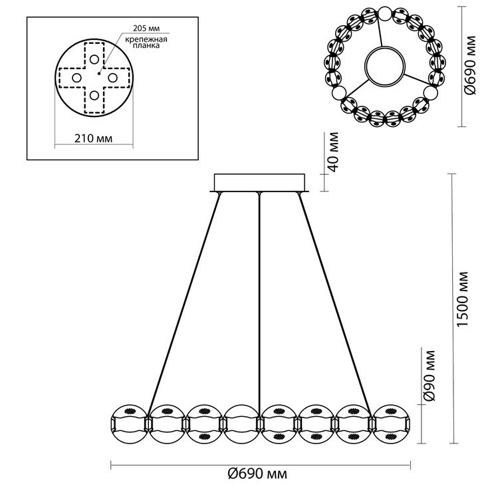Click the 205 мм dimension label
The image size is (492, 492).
pos(146,29)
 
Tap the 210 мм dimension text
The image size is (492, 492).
pos(93,138)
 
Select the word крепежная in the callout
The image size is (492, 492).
pos(146,39)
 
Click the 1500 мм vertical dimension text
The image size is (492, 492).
pos(463,299)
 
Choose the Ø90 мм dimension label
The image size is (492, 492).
pos(430,376)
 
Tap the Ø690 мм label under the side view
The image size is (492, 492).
pos(257,474)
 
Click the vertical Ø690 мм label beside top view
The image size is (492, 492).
pos(471,65)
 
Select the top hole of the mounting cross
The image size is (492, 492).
pos(94,59)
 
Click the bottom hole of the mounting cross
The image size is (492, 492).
pos(94,95)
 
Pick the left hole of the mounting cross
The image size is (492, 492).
pos(76,78)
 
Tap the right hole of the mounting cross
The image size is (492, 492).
pos(112,78)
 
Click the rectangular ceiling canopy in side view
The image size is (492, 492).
pos(259,182)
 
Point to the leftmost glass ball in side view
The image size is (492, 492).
pos(129,424)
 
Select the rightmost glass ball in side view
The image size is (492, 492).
pos(392,424)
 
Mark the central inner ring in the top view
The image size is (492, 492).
pos(385,66)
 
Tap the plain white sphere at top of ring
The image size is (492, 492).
pos(385,13)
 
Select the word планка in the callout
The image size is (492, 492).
pos(146,45)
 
